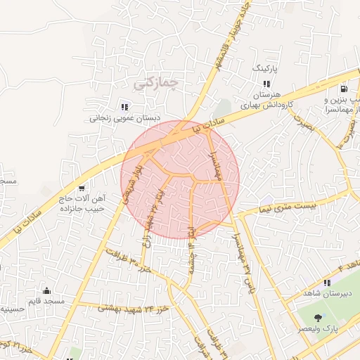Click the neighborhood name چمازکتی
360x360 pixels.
click(155, 83)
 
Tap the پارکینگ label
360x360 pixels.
click(266, 70)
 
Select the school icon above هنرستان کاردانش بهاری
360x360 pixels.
click(266, 84)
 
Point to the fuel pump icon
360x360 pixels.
click(343, 89)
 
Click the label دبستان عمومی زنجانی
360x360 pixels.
click(124, 119)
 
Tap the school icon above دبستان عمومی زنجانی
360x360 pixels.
click(124, 107)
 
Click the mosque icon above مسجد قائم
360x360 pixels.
click(47, 290)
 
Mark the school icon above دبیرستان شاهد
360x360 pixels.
click(326, 282)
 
